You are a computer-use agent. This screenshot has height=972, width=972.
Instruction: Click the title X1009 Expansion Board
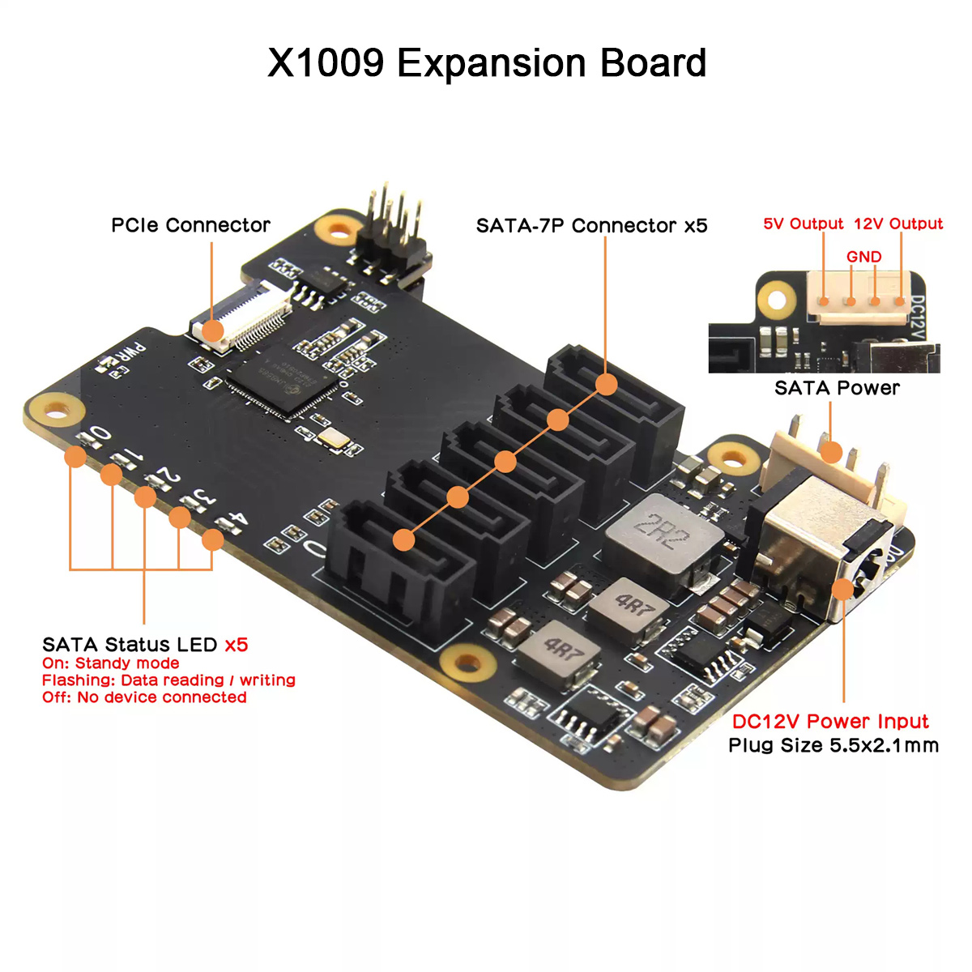click(x=486, y=62)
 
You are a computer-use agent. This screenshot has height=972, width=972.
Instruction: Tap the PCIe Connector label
click(x=190, y=225)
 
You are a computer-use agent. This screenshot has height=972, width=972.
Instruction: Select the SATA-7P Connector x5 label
click(x=591, y=225)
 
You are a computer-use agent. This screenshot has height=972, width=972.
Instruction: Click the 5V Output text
click(x=803, y=224)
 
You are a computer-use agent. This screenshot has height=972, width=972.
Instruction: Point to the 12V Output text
click(x=898, y=224)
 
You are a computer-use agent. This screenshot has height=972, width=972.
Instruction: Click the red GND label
click(x=863, y=257)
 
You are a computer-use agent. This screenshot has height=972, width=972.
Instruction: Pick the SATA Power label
click(x=837, y=388)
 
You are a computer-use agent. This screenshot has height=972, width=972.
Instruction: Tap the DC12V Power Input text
click(x=830, y=722)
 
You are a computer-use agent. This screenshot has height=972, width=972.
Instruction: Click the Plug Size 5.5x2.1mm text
click(x=833, y=745)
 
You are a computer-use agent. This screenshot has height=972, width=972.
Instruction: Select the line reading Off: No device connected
click(x=144, y=697)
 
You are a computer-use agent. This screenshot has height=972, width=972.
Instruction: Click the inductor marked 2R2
click(x=662, y=537)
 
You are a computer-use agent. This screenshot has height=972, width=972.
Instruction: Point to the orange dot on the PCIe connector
click(x=212, y=331)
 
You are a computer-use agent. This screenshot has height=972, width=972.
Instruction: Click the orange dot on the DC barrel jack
click(x=842, y=589)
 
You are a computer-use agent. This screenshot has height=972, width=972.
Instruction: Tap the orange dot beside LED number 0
click(x=75, y=457)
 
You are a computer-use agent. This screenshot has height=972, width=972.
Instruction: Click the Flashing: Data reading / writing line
click(x=168, y=680)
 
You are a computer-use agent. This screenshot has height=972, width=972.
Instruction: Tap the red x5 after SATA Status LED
click(x=236, y=645)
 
